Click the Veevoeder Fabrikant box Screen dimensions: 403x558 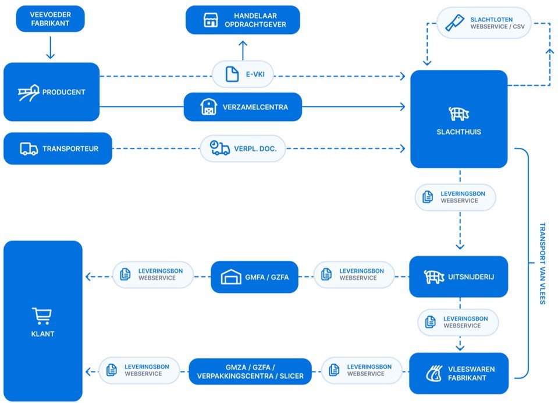click(x=50, y=19)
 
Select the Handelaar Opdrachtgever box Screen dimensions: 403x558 click(x=243, y=20)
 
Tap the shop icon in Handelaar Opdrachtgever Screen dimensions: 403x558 click(x=210, y=20)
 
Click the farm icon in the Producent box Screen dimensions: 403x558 click(x=28, y=92)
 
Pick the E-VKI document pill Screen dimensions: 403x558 click(x=243, y=74)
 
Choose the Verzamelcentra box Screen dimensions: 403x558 click(x=243, y=107)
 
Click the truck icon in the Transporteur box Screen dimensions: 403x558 click(x=29, y=149)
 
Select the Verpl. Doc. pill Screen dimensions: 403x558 click(x=243, y=149)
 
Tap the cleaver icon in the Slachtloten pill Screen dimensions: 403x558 click(x=455, y=23)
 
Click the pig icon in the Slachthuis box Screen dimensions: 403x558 click(x=459, y=114)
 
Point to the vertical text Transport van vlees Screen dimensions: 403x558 click(x=542, y=263)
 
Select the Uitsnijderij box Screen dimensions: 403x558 click(x=459, y=277)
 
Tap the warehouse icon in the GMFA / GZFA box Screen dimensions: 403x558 click(x=231, y=277)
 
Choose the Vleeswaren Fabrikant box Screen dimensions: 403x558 click(x=459, y=373)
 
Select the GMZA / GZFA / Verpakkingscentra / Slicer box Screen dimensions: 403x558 click(x=250, y=372)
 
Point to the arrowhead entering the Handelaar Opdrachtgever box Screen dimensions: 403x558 click(x=243, y=43)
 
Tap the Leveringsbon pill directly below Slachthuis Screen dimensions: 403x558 click(x=455, y=197)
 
